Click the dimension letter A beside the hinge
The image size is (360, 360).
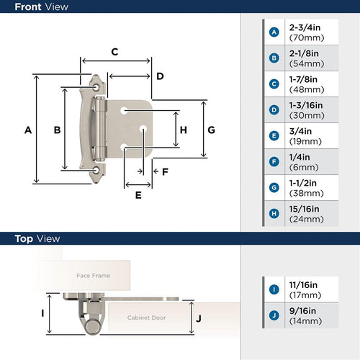[x=28, y=130]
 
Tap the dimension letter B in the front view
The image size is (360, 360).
[x=57, y=130]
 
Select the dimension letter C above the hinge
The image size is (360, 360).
[x=114, y=52]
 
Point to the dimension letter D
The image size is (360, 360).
[x=160, y=76]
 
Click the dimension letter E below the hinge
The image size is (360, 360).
[x=138, y=194]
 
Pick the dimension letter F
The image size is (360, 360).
[x=165, y=171]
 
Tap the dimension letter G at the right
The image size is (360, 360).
[x=211, y=130]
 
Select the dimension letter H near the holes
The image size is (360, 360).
[x=183, y=130]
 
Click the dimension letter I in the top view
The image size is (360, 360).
[x=42, y=313]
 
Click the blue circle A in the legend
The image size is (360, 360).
[x=274, y=32]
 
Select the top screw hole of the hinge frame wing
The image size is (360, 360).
[x=98, y=86]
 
